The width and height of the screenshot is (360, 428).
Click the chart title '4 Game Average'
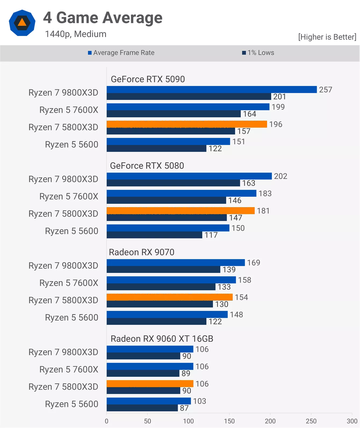pos(103,18)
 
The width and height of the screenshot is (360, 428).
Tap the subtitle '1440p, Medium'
pos(75,34)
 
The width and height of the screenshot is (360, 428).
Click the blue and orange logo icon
pos(22,23)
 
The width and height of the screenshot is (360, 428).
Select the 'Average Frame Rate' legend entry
pos(121,53)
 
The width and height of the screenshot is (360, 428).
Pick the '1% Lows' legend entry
pos(258,53)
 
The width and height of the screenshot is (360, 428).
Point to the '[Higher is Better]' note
pos(327,37)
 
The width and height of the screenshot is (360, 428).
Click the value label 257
pos(326,90)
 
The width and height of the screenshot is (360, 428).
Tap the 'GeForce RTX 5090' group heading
pos(148,79)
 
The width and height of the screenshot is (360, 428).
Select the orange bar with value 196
pos(187,124)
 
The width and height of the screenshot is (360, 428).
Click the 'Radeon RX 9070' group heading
pos(142,252)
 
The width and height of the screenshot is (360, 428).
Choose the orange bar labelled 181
pos(181,211)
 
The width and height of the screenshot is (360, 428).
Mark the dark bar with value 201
pos(189,97)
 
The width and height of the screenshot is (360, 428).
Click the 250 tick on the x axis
pos(311,421)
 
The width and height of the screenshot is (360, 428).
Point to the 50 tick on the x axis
pos(147,421)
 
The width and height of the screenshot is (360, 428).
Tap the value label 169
pos(254,263)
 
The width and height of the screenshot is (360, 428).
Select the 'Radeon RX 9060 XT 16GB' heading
pos(162,339)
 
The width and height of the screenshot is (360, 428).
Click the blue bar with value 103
pos(149,401)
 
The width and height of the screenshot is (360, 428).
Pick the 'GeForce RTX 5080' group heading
pos(147,166)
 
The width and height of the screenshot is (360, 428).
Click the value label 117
pos(211,235)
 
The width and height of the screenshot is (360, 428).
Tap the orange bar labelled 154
pos(170,297)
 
